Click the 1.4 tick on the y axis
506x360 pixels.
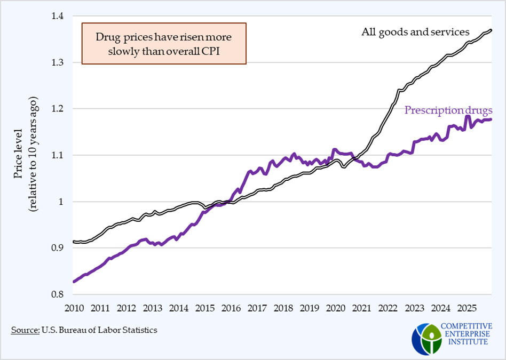tap(58, 17)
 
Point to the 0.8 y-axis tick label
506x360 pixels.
tap(58, 294)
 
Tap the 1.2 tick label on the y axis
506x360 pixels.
tap(58, 109)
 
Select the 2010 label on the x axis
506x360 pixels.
tap(74, 308)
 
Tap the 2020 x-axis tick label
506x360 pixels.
tap(335, 308)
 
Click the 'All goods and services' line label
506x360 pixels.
tap(416, 32)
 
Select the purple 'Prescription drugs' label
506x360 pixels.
tap(448, 110)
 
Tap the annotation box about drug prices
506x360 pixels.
tap(163, 44)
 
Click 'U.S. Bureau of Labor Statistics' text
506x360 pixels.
tap(100, 330)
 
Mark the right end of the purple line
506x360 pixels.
tap(491, 119)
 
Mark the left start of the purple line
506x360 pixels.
tap(74, 282)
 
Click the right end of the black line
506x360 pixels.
tap(491, 30)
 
